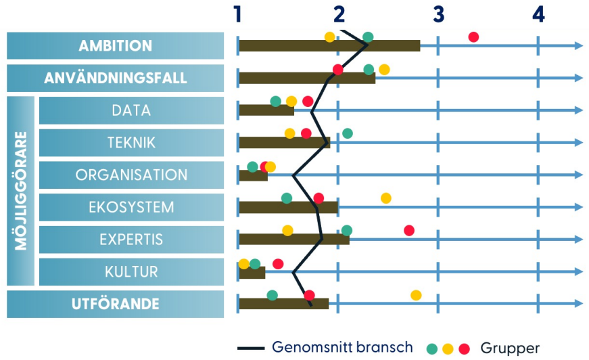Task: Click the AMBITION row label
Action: (x=116, y=46)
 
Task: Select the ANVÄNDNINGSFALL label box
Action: (x=116, y=78)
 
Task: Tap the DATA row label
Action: (x=131, y=110)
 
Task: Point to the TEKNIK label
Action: (x=131, y=143)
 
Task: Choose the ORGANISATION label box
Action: (x=131, y=175)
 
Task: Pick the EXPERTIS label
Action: (x=131, y=240)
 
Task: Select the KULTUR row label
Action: (x=131, y=271)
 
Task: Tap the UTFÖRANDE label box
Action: (x=116, y=304)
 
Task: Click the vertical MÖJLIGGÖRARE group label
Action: (x=21, y=191)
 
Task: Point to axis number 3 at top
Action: (x=438, y=15)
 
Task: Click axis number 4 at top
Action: (x=538, y=15)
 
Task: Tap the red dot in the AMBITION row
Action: (x=473, y=37)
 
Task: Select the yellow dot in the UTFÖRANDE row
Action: (x=416, y=295)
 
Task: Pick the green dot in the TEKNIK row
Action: (x=348, y=133)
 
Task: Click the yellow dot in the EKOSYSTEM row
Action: (x=385, y=198)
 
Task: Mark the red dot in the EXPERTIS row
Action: (x=409, y=230)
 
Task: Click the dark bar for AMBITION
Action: (x=329, y=46)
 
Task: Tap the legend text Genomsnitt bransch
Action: (x=342, y=347)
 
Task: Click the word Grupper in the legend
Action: (x=510, y=348)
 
